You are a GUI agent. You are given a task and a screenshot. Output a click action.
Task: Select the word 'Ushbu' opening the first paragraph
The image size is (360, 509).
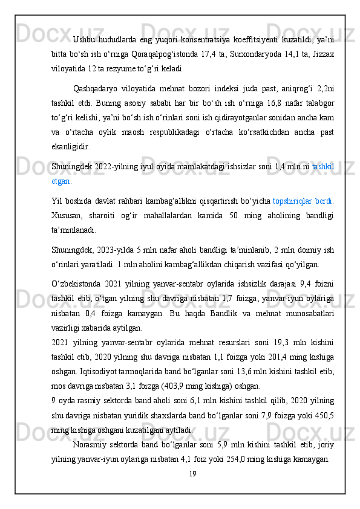[83, 39]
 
